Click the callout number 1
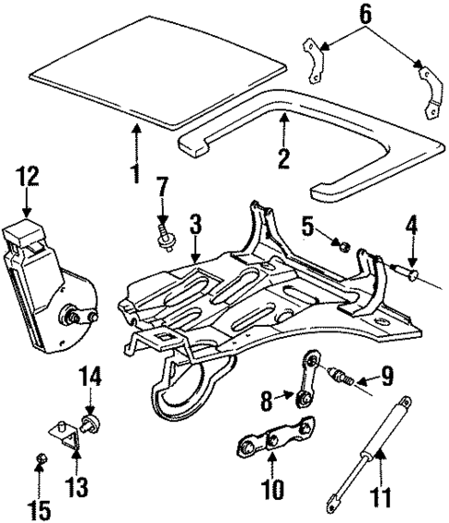click(x=136, y=172)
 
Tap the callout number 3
click(x=195, y=225)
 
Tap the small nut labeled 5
click(x=342, y=246)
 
